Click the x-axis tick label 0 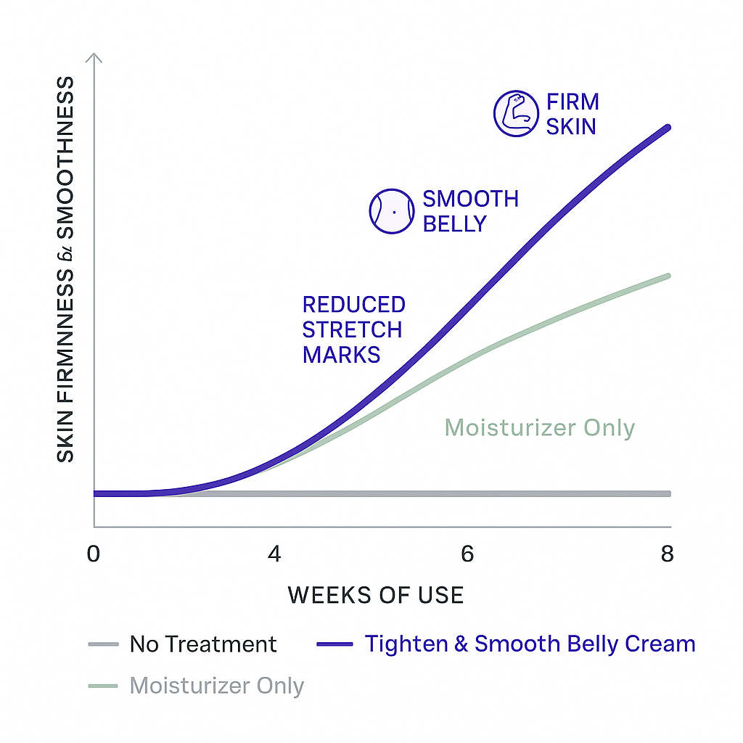(93, 554)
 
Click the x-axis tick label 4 (274, 554)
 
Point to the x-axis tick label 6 (467, 554)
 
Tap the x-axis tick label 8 (668, 554)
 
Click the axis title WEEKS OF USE (375, 596)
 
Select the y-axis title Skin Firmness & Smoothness (65, 268)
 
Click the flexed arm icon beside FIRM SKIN (515, 114)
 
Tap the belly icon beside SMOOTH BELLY (392, 211)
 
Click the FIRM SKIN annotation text (572, 114)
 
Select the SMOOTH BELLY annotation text (470, 211)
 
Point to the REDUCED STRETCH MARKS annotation (353, 329)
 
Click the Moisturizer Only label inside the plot (539, 427)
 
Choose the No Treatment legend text (203, 644)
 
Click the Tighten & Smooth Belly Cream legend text (530, 644)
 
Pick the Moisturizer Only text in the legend (216, 686)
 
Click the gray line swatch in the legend (102, 644)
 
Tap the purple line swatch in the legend (334, 644)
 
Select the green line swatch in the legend (102, 686)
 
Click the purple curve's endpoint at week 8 (668, 128)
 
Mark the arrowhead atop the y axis (94, 58)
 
